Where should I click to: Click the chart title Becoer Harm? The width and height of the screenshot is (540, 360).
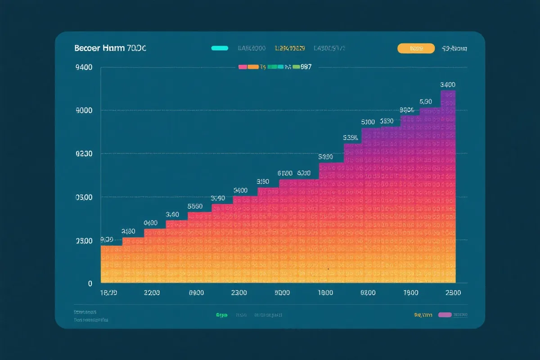coord(110,49)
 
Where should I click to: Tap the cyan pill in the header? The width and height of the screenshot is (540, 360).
coord(220,48)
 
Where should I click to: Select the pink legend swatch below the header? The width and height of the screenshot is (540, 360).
coord(242,67)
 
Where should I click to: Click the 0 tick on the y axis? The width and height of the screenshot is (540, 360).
coord(90,283)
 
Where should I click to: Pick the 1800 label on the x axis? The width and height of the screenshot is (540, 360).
coord(108,292)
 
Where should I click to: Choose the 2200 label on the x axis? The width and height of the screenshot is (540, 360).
coord(152,292)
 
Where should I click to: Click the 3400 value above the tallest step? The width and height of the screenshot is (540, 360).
coord(448,85)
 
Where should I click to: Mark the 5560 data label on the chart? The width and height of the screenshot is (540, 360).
coord(195,206)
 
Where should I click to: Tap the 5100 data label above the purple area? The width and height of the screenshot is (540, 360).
coord(368,122)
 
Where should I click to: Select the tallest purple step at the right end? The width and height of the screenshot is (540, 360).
coord(448,180)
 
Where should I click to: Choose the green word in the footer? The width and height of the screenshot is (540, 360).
coord(221,315)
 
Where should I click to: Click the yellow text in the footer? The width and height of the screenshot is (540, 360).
coord(423,315)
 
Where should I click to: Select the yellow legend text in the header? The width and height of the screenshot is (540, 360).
coord(290,48)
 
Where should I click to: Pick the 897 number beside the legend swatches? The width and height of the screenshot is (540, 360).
coord(306,67)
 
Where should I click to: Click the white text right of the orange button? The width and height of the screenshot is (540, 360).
coord(454,49)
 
